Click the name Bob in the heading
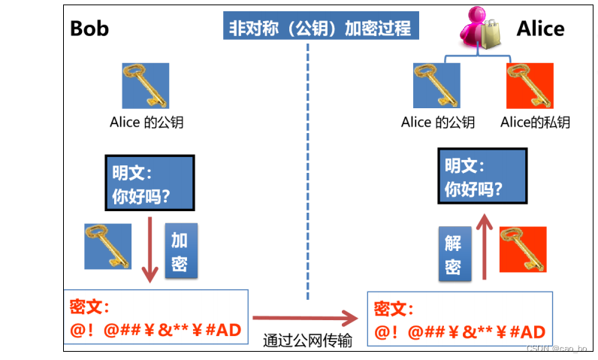coord(89,29)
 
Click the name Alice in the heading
coord(540,29)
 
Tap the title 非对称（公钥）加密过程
coord(322,29)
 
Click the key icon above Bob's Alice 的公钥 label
coord(146,86)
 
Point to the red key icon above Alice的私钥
coord(530,86)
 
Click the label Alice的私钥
coord(535,123)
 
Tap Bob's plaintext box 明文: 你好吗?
coord(149,183)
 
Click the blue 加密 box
coord(179,252)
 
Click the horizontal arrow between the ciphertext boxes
coord(304,316)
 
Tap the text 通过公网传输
coord(307,340)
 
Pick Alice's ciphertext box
coord(460,319)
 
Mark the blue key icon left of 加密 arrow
coord(108,246)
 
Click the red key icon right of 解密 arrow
coord(523,249)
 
